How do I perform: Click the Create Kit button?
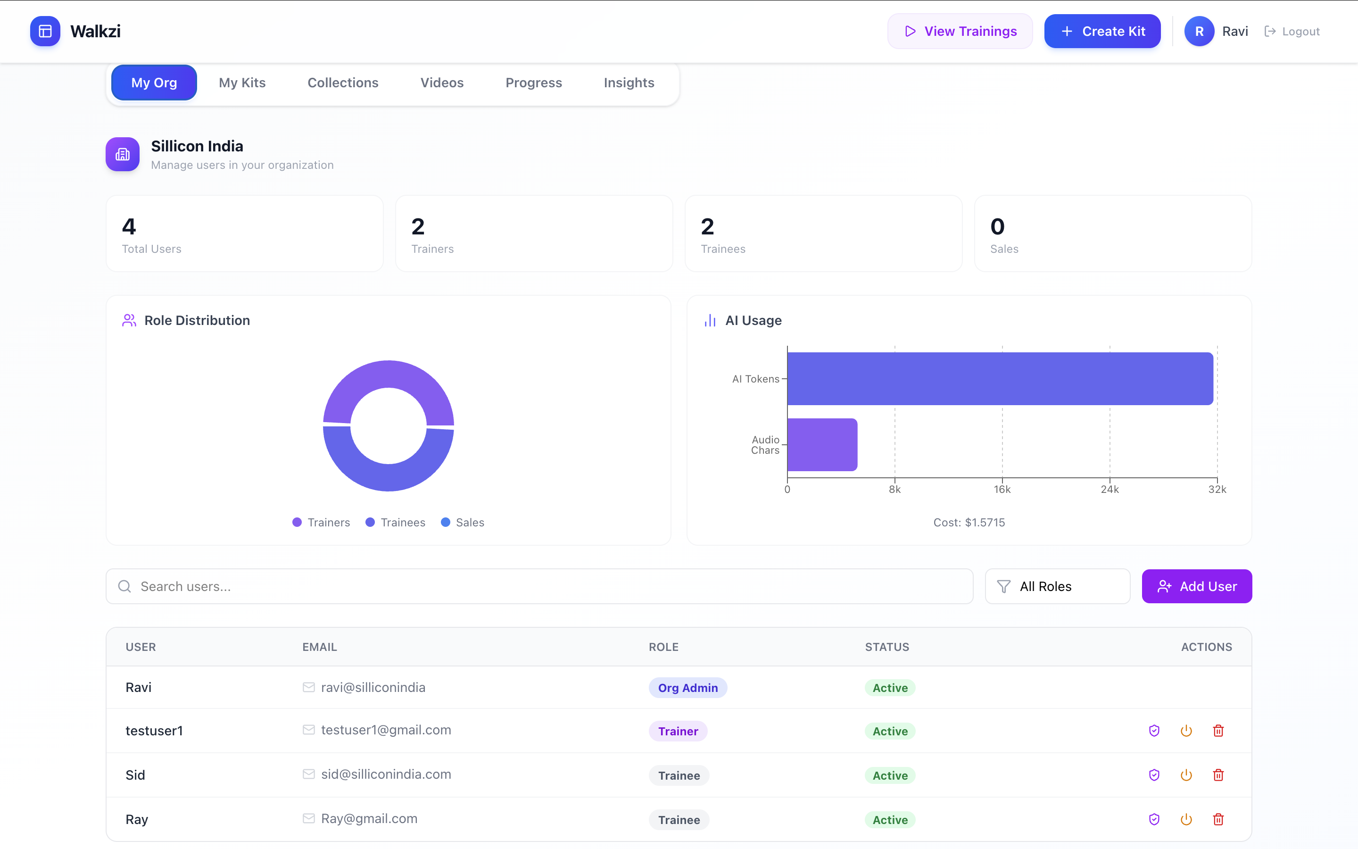(1102, 32)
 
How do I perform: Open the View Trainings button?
(960, 32)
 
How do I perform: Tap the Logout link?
(1292, 32)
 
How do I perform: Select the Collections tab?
(343, 83)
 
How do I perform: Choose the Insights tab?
(629, 83)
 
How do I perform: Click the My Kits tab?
(242, 83)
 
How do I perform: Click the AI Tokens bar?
(1000, 378)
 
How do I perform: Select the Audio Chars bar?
(822, 445)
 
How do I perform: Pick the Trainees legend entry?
(395, 522)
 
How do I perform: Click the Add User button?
(1197, 586)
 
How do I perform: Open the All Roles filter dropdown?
(1057, 586)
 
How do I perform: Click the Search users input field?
(539, 586)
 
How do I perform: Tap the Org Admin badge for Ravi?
(688, 688)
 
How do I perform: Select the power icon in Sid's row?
(1186, 775)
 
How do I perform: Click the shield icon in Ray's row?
(1154, 819)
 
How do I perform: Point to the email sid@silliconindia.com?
(386, 774)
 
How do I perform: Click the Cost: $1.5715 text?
(969, 522)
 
